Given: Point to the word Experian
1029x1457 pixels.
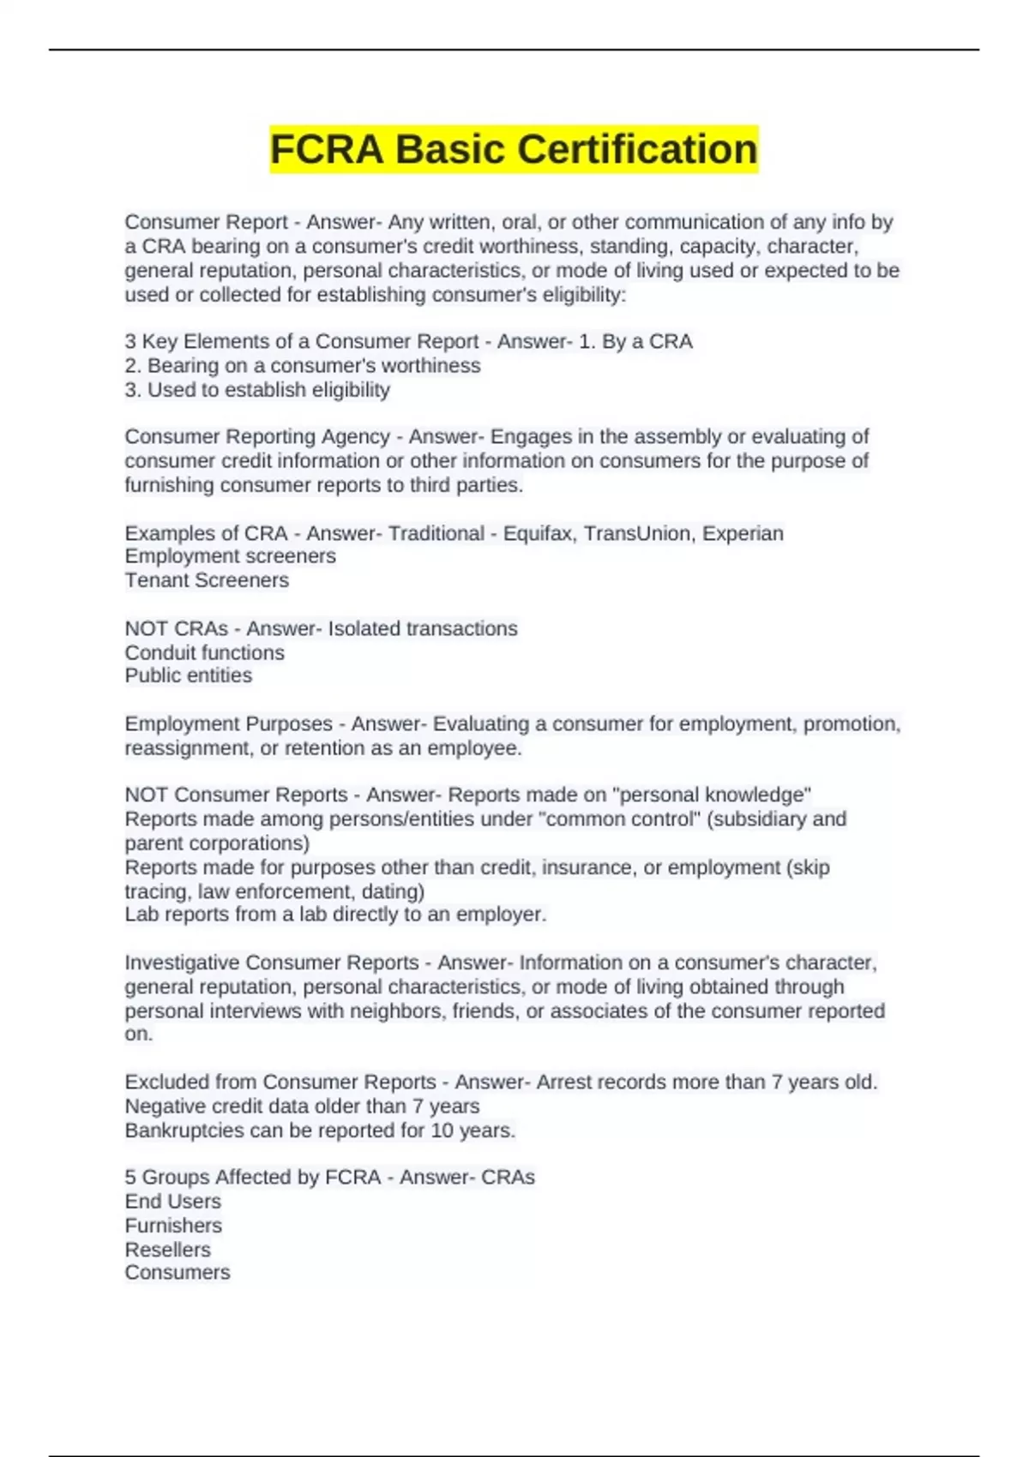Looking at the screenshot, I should [x=743, y=533].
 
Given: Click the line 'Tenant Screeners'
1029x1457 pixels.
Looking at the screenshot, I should [x=207, y=580].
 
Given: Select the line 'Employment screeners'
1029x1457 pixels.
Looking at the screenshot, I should [x=230, y=556].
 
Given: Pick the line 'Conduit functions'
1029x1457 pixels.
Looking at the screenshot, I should [x=204, y=652].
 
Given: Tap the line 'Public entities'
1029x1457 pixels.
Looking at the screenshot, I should [x=189, y=675].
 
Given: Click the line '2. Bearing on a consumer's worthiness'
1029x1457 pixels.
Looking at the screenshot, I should [x=303, y=366].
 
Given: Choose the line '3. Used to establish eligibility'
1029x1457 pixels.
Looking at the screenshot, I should [x=257, y=390].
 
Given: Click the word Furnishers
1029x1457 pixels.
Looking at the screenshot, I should [x=173, y=1226].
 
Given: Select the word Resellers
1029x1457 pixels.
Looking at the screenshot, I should [x=167, y=1250].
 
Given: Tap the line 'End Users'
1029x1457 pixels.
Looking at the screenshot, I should [x=172, y=1202].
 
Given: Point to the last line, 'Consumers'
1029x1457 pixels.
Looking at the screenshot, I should [x=178, y=1273].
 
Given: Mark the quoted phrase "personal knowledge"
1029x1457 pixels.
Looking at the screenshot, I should [x=713, y=794].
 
